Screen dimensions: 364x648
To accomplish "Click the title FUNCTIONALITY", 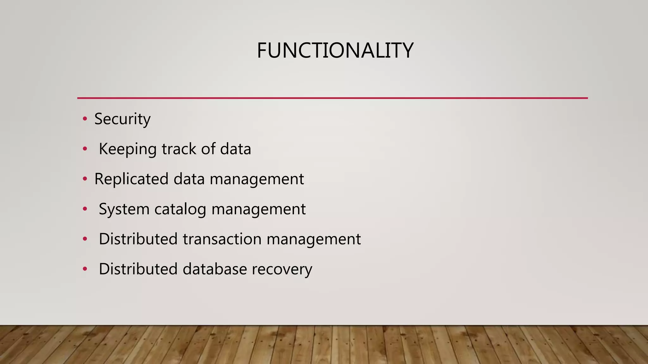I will [x=335, y=51].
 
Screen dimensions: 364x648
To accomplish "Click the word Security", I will [x=122, y=119].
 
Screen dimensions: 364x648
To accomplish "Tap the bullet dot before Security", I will [x=84, y=119].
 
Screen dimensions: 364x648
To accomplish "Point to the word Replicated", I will [x=131, y=179].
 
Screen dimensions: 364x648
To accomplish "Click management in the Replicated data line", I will [x=257, y=179].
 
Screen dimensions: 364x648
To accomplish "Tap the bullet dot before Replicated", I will [x=84, y=179].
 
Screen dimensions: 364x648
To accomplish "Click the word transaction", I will [x=222, y=239].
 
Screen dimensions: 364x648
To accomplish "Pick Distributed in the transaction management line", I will [x=138, y=239].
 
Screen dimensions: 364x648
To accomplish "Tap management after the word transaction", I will [x=313, y=240].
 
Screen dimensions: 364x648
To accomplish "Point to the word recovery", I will [x=282, y=270].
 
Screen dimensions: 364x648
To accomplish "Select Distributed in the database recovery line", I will [x=138, y=269].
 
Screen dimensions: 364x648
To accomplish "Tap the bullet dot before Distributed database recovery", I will [x=84, y=269].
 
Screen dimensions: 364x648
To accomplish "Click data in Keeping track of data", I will [x=235, y=149].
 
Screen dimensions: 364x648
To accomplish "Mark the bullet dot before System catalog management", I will [x=84, y=209].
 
